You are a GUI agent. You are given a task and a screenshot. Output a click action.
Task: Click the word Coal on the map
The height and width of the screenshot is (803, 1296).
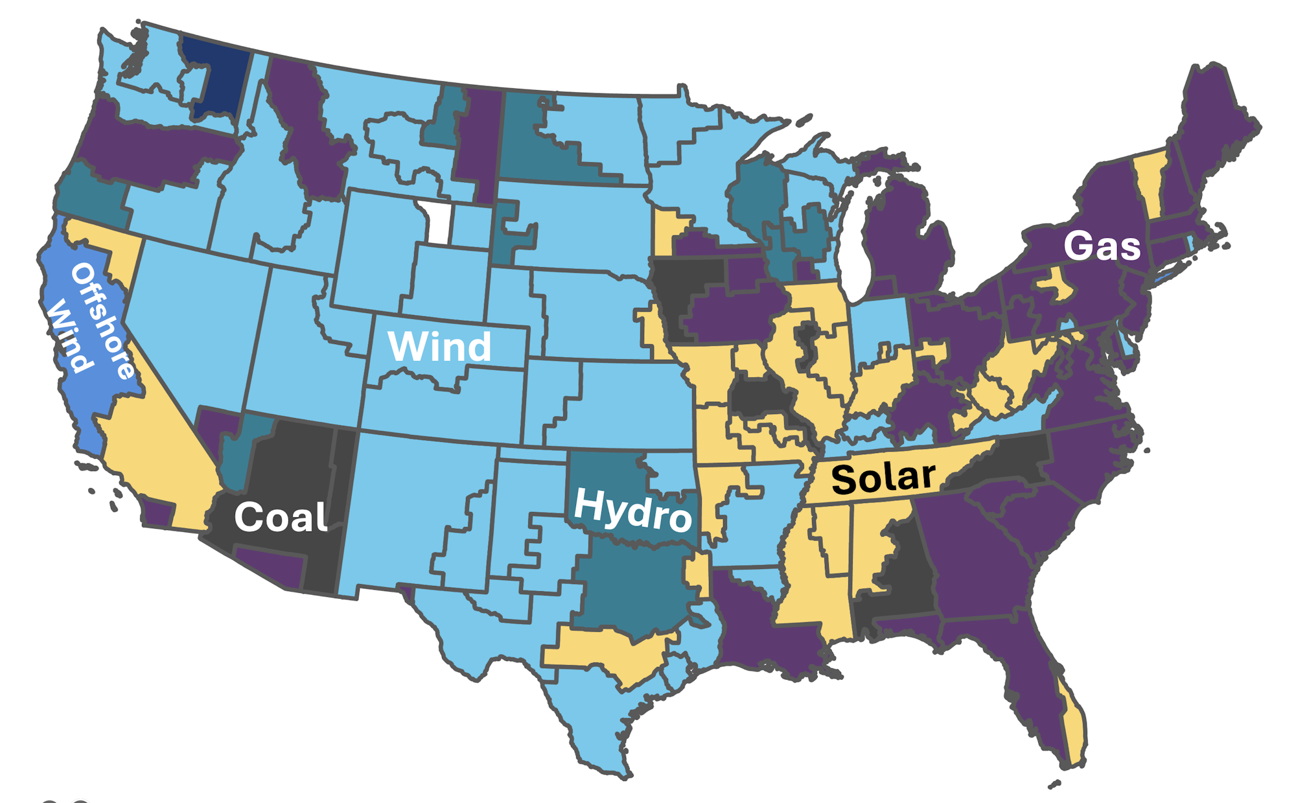[281, 517]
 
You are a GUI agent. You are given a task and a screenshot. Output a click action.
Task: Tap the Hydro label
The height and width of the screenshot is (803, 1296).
[632, 511]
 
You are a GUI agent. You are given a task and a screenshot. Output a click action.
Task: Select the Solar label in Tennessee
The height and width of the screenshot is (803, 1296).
[883, 478]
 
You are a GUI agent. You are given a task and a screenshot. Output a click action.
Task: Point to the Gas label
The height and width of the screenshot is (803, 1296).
[1102, 246]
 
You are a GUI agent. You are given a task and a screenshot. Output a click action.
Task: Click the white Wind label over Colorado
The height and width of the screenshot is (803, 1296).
[439, 347]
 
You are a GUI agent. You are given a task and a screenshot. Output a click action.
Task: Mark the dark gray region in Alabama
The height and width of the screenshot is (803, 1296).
[904, 570]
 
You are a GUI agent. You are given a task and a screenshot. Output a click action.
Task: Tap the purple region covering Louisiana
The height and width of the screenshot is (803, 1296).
[758, 622]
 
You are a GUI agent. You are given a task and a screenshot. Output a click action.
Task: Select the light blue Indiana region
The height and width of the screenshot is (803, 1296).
[881, 331]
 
